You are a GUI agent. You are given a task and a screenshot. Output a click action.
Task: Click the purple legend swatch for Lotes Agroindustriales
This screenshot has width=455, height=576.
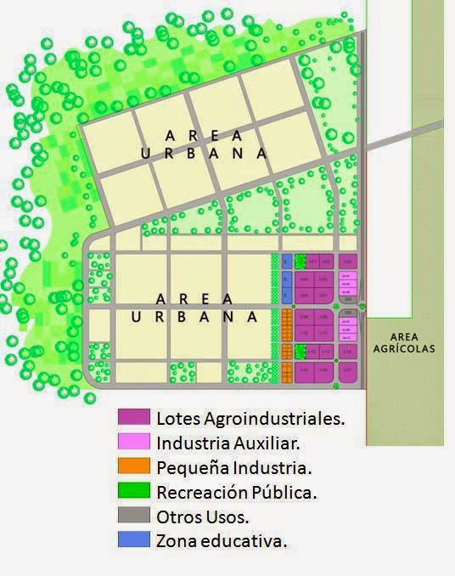(x=133, y=417)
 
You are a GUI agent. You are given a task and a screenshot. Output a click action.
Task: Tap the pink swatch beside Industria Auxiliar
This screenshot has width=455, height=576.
(x=133, y=442)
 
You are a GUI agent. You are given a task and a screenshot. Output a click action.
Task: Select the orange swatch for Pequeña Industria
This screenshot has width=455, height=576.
(x=133, y=466)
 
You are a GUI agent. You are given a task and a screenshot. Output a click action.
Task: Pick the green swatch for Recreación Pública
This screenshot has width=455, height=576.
(x=133, y=491)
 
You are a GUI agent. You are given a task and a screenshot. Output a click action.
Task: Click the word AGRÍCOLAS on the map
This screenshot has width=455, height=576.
(x=403, y=348)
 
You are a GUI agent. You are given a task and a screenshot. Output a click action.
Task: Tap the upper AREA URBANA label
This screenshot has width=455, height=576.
(x=204, y=144)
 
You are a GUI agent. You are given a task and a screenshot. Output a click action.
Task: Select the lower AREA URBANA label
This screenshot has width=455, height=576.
(x=195, y=308)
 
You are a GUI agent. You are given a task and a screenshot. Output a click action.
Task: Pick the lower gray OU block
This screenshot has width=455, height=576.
(x=347, y=312)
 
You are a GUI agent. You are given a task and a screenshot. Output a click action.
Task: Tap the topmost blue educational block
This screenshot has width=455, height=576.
(x=286, y=261)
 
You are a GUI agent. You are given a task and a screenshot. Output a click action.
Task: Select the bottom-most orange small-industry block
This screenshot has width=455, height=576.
(x=286, y=370)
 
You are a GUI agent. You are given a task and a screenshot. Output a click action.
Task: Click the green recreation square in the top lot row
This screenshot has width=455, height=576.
(x=299, y=260)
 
